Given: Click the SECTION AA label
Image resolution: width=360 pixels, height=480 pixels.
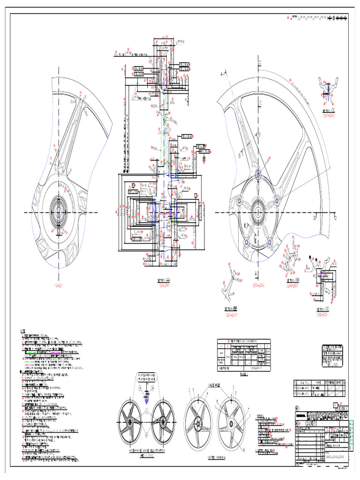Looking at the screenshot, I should tap(164, 280).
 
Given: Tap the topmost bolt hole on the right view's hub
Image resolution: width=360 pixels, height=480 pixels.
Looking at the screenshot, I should tap(258, 176).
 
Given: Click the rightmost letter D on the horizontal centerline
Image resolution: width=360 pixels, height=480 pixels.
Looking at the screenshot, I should tap(335, 217).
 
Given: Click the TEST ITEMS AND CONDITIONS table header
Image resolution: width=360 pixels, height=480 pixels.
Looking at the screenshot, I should tap(243, 341).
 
